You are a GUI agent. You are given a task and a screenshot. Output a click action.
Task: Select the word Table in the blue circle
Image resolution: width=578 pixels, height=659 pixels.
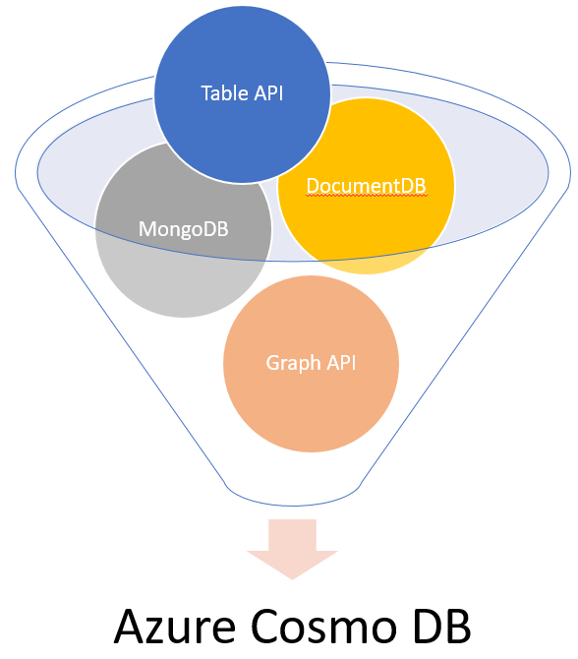tap(222, 93)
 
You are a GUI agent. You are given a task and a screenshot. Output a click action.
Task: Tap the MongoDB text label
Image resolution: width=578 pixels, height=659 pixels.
tap(183, 229)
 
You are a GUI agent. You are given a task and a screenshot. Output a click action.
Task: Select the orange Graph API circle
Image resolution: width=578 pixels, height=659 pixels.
tap(311, 363)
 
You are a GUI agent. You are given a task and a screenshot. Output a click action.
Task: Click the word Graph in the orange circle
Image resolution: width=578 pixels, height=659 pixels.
tap(292, 363)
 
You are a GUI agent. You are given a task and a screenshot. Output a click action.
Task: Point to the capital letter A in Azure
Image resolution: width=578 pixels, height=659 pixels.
tap(131, 626)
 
